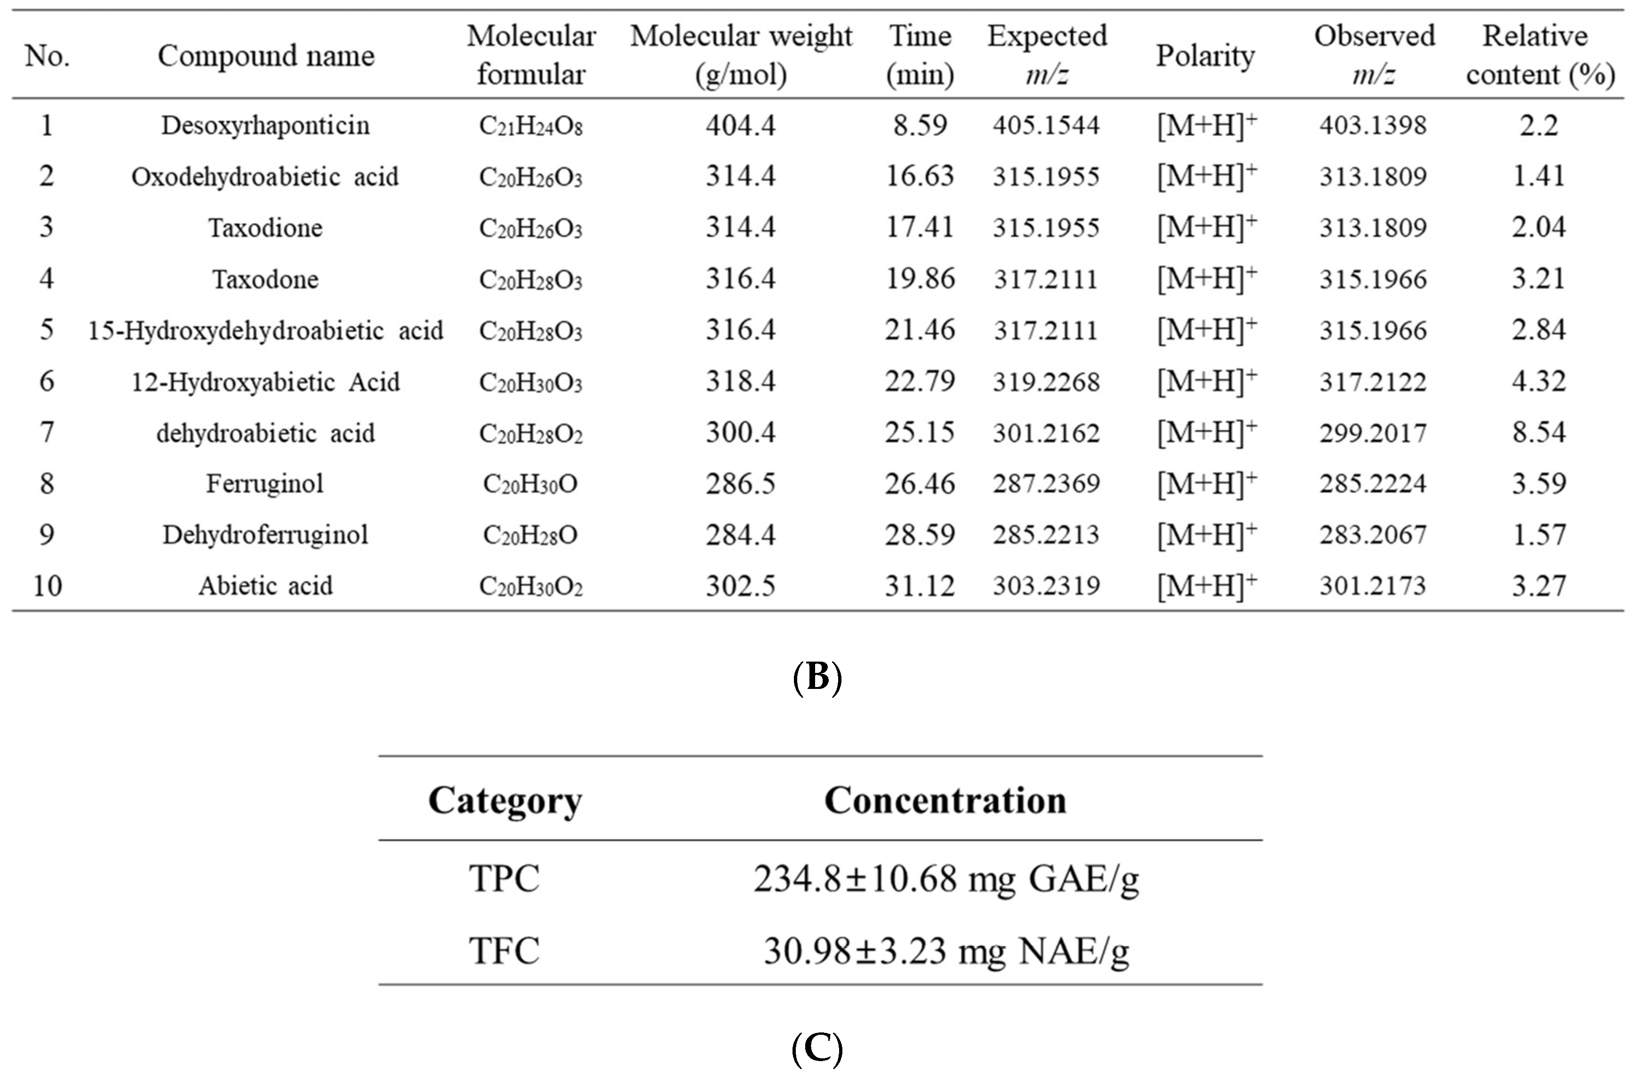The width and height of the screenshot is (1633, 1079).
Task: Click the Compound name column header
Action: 265,56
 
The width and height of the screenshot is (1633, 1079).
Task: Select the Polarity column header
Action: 1205,56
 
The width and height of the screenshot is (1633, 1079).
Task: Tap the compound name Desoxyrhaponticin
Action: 265,125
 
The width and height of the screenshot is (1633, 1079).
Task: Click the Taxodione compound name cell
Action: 265,228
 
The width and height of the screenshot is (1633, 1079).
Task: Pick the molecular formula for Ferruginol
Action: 530,484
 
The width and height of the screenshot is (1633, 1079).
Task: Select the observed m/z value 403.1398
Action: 1373,125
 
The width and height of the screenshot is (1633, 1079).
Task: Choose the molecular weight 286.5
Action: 740,484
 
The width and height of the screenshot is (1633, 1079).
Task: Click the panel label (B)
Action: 817,677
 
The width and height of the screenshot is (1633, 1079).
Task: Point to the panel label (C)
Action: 817,1049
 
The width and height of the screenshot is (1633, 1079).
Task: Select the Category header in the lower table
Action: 505,801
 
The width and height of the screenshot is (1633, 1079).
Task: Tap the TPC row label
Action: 504,879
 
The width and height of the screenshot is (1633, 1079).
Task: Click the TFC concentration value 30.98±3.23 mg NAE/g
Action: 946,951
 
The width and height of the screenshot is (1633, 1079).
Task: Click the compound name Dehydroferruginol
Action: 265,535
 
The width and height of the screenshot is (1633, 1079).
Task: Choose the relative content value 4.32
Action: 1539,381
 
